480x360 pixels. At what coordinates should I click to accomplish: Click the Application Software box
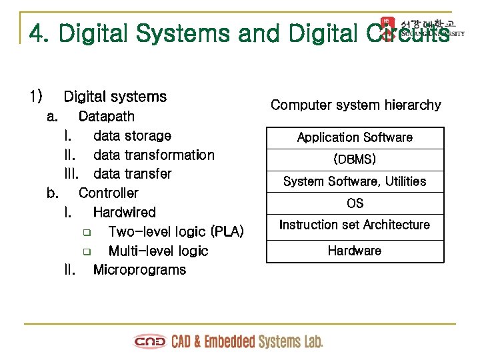click(355, 138)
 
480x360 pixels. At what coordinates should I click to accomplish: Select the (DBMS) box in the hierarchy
click(355, 159)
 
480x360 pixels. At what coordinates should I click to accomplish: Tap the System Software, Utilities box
click(355, 181)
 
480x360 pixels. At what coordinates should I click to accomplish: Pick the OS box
click(355, 203)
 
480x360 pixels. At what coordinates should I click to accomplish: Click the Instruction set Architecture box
click(355, 225)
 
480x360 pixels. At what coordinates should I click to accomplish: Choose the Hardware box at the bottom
click(355, 251)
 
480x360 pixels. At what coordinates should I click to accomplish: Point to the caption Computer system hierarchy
click(355, 105)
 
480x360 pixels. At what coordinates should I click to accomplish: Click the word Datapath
click(106, 117)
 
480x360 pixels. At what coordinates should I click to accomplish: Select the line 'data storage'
click(132, 136)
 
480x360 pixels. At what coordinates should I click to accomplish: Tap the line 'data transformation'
click(153, 155)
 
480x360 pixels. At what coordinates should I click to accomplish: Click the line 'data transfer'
click(132, 174)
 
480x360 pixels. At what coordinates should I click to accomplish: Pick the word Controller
click(108, 193)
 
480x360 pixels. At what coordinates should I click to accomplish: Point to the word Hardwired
click(124, 213)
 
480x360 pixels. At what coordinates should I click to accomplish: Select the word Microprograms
click(139, 270)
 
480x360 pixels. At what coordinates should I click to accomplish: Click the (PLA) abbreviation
click(227, 232)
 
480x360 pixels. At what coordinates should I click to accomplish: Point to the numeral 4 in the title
click(37, 33)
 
